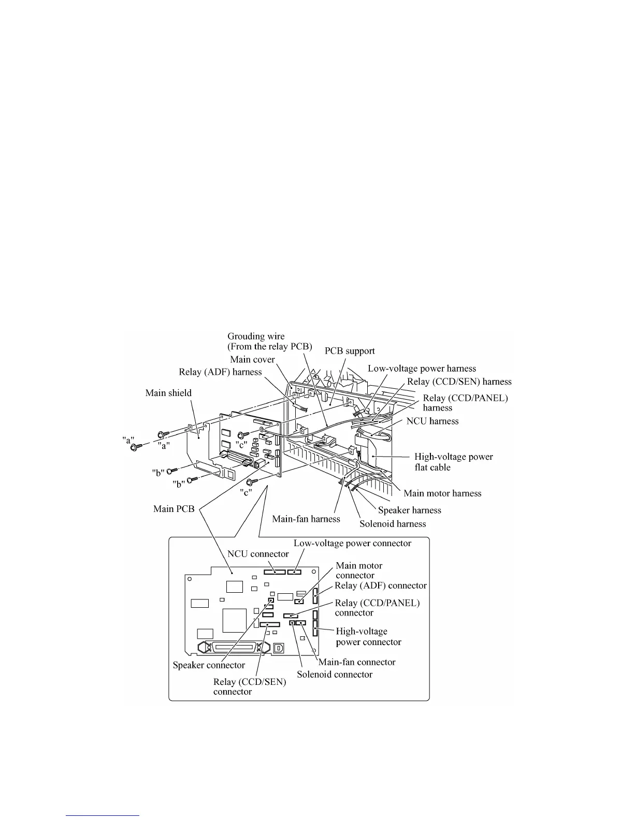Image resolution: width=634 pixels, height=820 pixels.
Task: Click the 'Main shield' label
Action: (x=168, y=393)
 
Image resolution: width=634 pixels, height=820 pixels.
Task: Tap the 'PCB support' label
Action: (x=350, y=351)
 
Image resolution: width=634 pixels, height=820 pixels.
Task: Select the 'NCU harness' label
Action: (x=433, y=421)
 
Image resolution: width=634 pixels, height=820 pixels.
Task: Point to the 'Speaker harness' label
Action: (x=410, y=510)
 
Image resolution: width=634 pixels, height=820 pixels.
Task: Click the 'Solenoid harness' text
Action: (x=393, y=524)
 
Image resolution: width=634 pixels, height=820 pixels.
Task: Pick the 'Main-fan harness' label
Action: (x=306, y=519)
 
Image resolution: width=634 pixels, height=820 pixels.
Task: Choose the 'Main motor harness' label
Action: (x=442, y=493)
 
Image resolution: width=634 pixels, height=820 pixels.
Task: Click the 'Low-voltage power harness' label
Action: (x=422, y=369)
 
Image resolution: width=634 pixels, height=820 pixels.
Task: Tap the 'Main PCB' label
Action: (x=174, y=509)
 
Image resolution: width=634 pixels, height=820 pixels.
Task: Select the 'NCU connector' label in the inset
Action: (x=258, y=554)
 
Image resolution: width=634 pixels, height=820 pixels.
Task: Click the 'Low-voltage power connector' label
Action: (x=352, y=544)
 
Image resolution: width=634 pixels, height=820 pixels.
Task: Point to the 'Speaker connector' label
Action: (x=209, y=665)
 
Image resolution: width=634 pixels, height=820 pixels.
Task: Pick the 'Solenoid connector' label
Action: (x=335, y=675)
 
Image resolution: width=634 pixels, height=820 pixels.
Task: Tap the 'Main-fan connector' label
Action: (x=357, y=662)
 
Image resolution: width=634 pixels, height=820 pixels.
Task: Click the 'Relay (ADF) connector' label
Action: (x=381, y=585)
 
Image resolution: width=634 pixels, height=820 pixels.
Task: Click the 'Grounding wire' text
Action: (x=256, y=336)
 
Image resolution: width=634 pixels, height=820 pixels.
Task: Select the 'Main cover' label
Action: (x=252, y=359)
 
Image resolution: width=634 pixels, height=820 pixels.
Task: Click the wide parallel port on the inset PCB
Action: (x=232, y=648)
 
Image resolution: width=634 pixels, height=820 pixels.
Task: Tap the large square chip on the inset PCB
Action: (x=234, y=620)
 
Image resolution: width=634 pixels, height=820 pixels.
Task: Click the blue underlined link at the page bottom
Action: (x=103, y=816)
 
